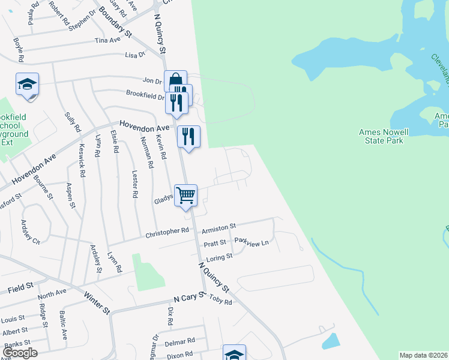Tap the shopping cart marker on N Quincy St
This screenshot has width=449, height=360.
[186, 196]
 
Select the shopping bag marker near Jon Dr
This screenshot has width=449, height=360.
[175, 81]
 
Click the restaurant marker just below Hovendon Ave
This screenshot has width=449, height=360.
[188, 137]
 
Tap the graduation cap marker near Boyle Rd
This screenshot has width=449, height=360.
[27, 85]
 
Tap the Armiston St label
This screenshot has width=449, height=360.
[218, 228]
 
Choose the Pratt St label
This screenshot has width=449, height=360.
[214, 243]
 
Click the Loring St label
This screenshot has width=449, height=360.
[219, 258]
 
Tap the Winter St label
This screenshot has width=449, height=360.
[97, 303]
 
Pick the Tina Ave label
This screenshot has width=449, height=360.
[108, 40]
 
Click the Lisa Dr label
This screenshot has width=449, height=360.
[134, 55]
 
